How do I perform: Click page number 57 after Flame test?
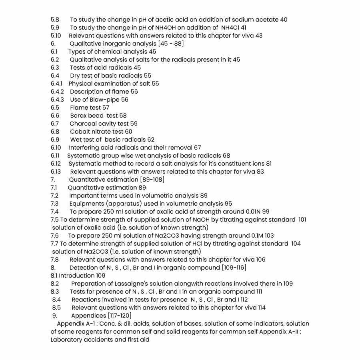(x=106, y=108)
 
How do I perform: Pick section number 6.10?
(x=56, y=148)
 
